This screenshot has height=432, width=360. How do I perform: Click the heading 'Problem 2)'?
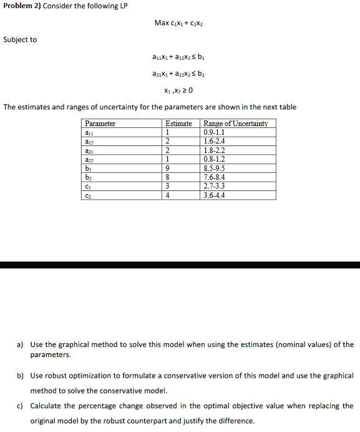pos(18,6)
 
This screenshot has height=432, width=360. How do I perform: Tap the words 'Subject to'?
pos(20,40)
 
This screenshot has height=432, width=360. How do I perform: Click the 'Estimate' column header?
pos(178,124)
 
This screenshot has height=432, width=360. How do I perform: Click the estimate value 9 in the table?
pos(167,169)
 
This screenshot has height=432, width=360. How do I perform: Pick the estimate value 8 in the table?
pos(167,177)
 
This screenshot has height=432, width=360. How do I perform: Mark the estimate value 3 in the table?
pos(167,187)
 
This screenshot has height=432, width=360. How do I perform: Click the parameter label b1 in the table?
pos(89,169)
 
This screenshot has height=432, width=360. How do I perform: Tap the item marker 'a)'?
pos(21,345)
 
